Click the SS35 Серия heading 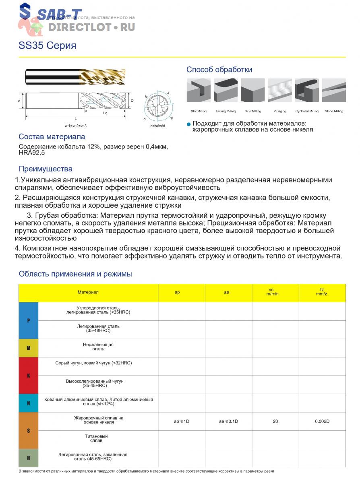47,45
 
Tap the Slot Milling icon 199,91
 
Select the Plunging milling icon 279,91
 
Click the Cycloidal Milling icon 307,91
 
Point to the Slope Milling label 334,111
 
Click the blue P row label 29,321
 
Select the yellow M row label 29,348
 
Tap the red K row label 29,376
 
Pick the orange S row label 29,431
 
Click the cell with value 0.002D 322,421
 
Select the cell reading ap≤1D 182,421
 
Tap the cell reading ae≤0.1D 228,421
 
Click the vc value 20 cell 275,421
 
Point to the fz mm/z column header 322,293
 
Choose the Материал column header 88,293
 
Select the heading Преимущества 46,169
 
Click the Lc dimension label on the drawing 105,113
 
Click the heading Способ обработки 219,70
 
